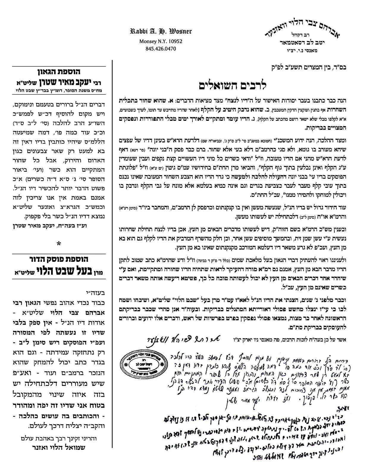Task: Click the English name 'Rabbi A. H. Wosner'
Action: tap(161, 31)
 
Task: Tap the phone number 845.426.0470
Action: tap(161, 48)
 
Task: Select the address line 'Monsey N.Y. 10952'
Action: tap(161, 41)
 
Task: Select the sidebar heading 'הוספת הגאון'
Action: tap(59, 72)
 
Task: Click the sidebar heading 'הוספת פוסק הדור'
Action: tap(59, 259)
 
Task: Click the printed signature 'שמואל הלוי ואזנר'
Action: tap(59, 447)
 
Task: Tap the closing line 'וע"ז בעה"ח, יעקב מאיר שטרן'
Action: tap(59, 226)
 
